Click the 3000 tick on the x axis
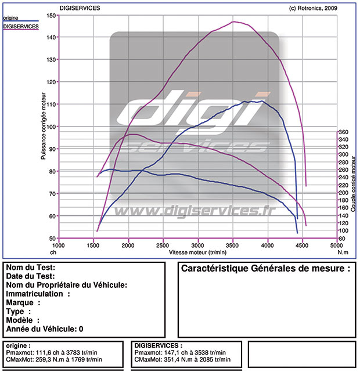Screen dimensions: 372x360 pyautogui.click(x=198, y=245)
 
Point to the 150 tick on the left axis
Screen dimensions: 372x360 pyautogui.click(x=52, y=15)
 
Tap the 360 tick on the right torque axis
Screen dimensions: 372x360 pyautogui.click(x=343, y=132)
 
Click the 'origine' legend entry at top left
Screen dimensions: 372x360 pyautogui.click(x=11, y=18)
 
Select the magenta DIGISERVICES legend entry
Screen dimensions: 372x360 pyautogui.click(x=21, y=27)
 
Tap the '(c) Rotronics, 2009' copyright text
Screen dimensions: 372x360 pyautogui.click(x=312, y=8)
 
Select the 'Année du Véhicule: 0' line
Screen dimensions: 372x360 pyautogui.click(x=44, y=328)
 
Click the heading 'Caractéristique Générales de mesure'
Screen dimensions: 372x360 pyautogui.click(x=266, y=269)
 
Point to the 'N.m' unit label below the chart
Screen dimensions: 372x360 pyautogui.click(x=343, y=252)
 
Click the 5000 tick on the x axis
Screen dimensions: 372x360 pyautogui.click(x=336, y=245)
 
